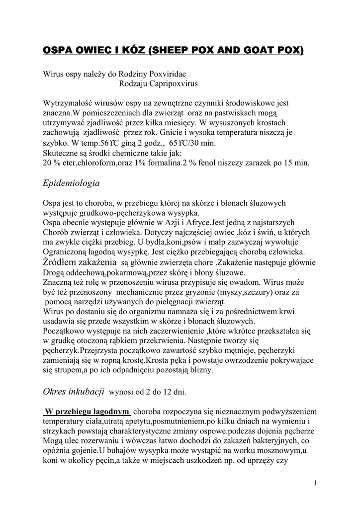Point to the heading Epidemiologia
click(72, 183)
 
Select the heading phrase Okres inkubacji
click(74, 391)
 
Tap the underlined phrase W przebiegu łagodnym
click(87, 412)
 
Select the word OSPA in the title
click(60, 51)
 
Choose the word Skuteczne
click(61, 153)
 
